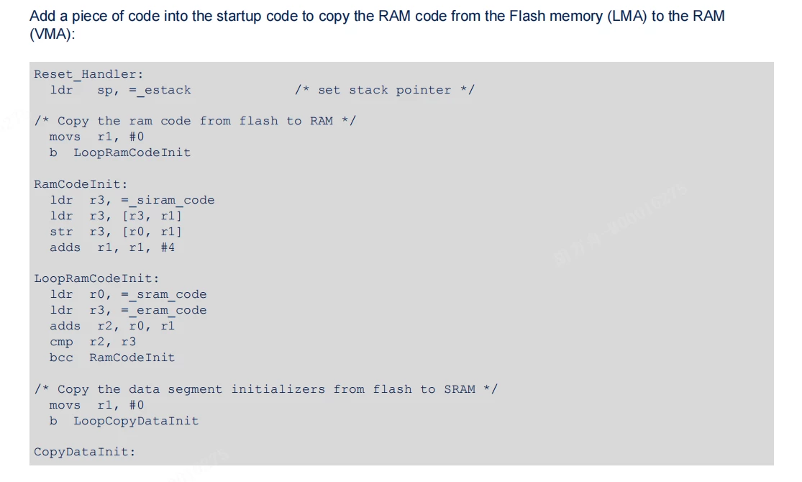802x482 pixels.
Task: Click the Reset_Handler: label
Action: (x=89, y=75)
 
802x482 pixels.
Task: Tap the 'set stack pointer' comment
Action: (x=385, y=91)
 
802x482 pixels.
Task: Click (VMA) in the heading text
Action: (x=53, y=35)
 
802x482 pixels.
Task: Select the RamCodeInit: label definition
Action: (x=81, y=184)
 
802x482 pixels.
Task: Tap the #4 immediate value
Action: (x=168, y=247)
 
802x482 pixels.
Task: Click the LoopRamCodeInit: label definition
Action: (x=96, y=279)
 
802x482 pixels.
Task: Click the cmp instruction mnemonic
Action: (x=61, y=342)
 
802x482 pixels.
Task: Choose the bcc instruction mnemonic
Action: (x=61, y=358)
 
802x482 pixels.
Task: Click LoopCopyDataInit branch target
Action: (x=136, y=421)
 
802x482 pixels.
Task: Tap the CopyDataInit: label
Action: (x=85, y=453)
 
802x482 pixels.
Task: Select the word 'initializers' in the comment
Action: (x=278, y=389)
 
